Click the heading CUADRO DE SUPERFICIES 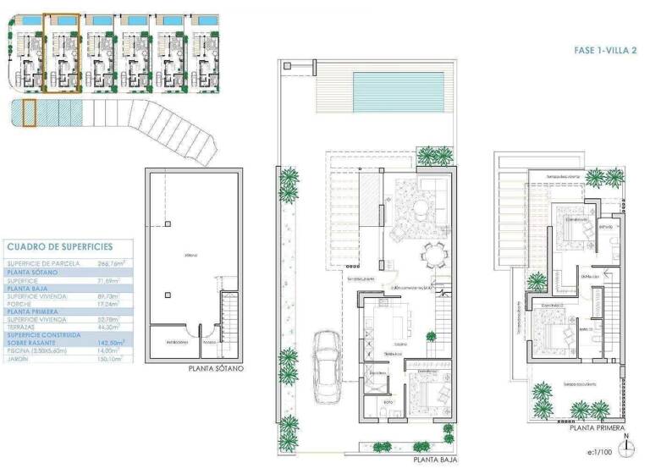click(x=58, y=247)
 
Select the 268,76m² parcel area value click(x=106, y=264)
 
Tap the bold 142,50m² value click(x=105, y=343)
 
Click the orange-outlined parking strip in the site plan click(x=29, y=113)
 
